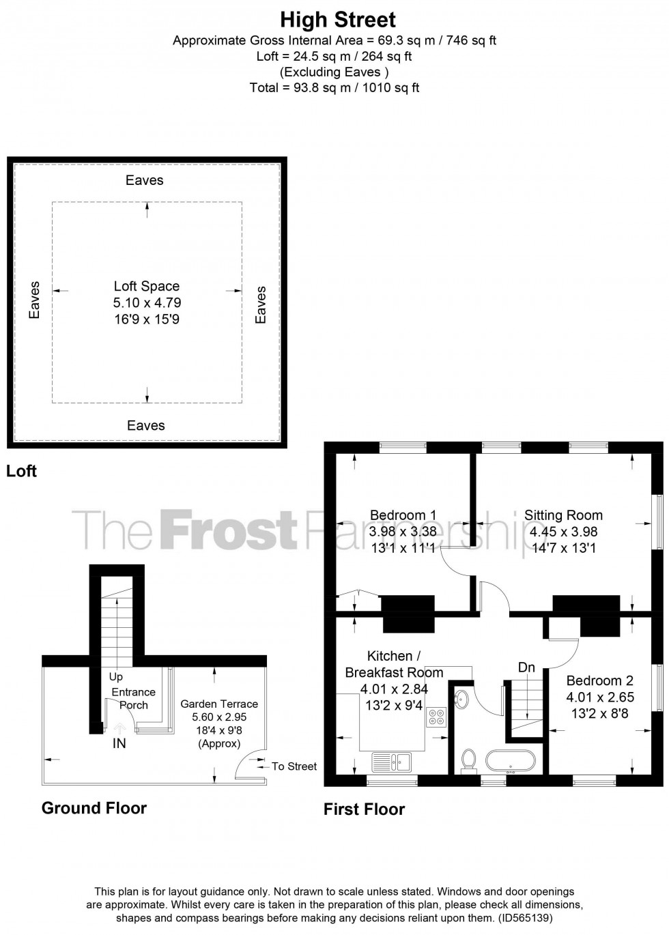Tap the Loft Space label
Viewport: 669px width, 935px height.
(x=147, y=287)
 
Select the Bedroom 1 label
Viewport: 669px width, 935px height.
(x=403, y=515)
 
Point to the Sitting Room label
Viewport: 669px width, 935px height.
(x=563, y=515)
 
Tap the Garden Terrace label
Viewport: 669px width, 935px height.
(x=219, y=704)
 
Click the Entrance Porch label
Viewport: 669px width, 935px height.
(x=134, y=698)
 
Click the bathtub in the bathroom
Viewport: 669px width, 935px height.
(x=510, y=760)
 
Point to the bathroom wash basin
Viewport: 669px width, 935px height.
(x=461, y=698)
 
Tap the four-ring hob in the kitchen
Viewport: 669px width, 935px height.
(x=436, y=717)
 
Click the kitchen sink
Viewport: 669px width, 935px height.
(x=390, y=760)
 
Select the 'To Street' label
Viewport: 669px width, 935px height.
(x=294, y=766)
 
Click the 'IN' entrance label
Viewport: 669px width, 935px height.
(x=119, y=744)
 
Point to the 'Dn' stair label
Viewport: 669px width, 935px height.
(x=526, y=667)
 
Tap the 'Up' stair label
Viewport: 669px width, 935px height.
(x=116, y=677)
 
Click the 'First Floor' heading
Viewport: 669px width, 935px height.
(x=364, y=809)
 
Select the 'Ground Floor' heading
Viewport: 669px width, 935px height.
(x=94, y=808)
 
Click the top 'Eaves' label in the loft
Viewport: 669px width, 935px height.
(x=145, y=180)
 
